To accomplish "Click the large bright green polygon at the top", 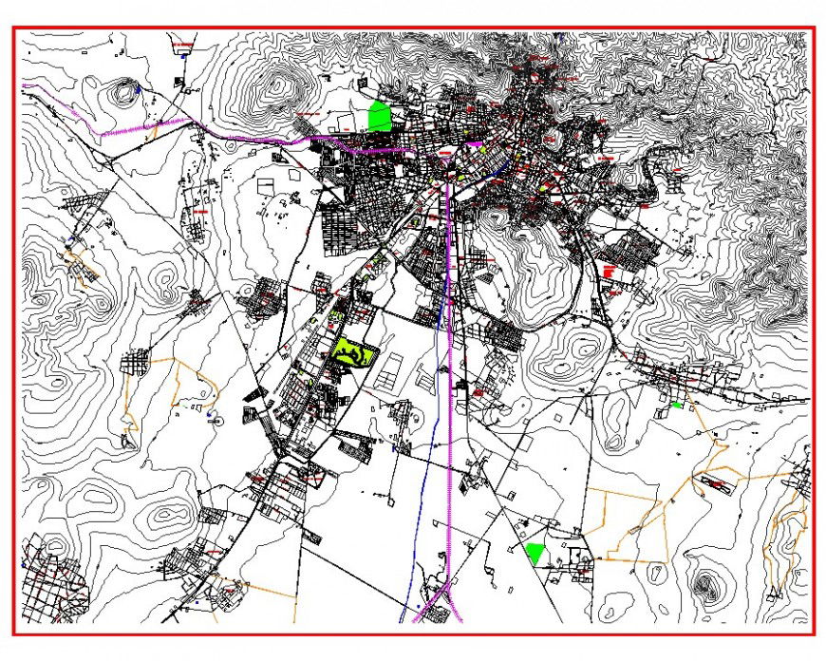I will coord(380,117).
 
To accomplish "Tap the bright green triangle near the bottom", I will coord(535,553).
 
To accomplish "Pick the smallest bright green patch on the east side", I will coord(676,406).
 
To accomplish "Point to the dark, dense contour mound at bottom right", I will coord(705,586).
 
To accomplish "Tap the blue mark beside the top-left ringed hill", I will coord(140,88).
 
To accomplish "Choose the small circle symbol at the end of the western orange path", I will coord(217,419).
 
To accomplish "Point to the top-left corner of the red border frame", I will coord(13,28).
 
